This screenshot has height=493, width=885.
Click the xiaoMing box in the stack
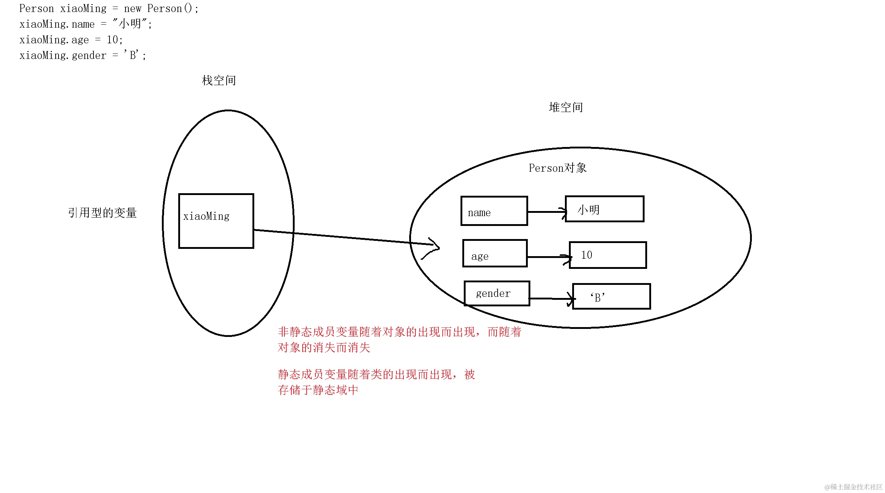(216, 221)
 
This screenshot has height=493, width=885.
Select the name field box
(494, 211)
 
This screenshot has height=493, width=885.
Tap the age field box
(495, 253)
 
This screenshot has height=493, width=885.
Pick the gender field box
(497, 293)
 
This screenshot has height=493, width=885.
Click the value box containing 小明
(605, 209)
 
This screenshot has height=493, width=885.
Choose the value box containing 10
(607, 255)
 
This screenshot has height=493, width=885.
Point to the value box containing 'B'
(611, 297)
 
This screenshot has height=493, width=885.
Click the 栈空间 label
(219, 80)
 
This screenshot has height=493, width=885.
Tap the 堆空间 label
(566, 107)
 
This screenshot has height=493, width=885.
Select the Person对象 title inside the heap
(557, 168)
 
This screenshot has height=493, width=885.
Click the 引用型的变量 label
(102, 213)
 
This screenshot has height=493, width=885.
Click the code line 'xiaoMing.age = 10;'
(71, 40)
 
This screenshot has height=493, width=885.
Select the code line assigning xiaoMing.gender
(83, 55)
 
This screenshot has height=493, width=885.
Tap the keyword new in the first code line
(132, 8)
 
